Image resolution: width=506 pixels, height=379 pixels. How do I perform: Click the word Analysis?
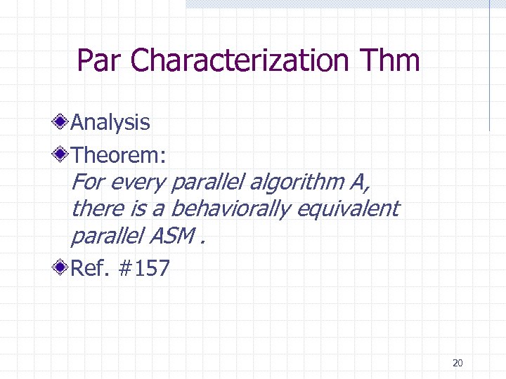[x=110, y=122]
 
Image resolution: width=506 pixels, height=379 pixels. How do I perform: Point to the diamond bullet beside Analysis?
[x=63, y=122]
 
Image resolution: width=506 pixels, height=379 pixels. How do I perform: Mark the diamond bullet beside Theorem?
[x=63, y=153]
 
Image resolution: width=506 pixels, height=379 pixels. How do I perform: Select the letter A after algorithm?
[x=357, y=182]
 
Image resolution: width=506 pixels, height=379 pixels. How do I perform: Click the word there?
[x=92, y=208]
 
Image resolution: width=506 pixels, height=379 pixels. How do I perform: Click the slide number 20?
[x=458, y=363]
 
